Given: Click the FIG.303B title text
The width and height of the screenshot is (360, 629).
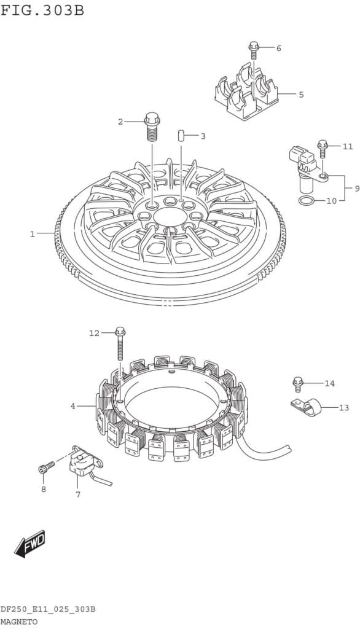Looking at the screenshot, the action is click(42, 10).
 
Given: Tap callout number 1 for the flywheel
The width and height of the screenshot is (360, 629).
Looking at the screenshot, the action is click(33, 234).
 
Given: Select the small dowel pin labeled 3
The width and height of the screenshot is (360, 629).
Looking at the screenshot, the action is click(181, 136).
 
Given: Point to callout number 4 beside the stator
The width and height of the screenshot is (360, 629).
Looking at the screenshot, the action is click(72, 406).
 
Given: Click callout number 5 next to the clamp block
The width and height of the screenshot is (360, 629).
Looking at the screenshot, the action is click(301, 95).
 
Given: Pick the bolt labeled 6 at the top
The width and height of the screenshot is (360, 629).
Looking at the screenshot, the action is click(253, 51).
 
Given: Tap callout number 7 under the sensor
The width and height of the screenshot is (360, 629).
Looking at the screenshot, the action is click(78, 494).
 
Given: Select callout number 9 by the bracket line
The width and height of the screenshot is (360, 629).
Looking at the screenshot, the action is click(357, 188).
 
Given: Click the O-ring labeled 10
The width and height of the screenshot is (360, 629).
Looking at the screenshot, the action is click(306, 200).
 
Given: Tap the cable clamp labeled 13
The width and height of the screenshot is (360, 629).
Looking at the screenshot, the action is click(307, 408).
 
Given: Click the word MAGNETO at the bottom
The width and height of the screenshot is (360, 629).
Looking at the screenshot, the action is click(18, 622).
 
